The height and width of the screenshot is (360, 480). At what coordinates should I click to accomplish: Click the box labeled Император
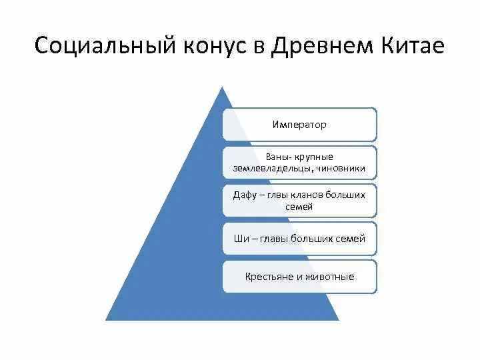pyautogui.click(x=299, y=124)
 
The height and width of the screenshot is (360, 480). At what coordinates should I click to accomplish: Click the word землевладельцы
pyautogui.click(x=272, y=168)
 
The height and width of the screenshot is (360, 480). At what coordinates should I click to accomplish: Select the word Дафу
pyautogui.click(x=244, y=195)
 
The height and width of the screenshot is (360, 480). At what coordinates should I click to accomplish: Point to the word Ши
pyautogui.click(x=239, y=238)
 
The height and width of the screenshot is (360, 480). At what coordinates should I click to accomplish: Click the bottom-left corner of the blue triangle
pyautogui.click(x=106, y=320)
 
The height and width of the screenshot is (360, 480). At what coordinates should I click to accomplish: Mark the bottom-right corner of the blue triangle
pyautogui.click(x=338, y=320)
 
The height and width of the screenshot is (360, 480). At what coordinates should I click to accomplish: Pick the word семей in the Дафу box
pyautogui.click(x=299, y=207)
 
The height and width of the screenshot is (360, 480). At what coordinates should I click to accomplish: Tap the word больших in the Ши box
pyautogui.click(x=315, y=238)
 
